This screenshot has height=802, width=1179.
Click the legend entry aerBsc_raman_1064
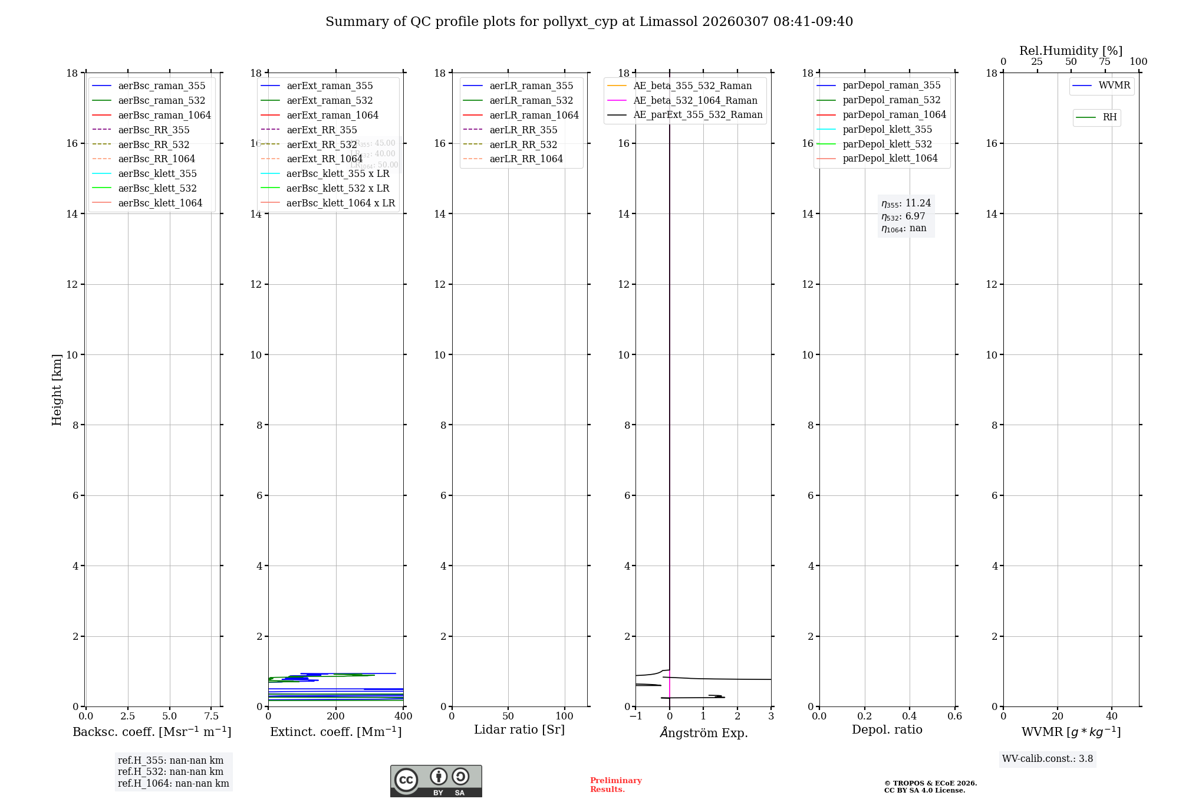pyautogui.click(x=164, y=115)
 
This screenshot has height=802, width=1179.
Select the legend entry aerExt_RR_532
pyautogui.click(x=321, y=144)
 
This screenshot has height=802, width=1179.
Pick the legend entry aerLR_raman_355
pyautogui.click(x=531, y=86)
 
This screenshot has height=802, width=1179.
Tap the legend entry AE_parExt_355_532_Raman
pyautogui.click(x=697, y=115)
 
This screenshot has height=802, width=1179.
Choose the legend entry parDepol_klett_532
pyautogui.click(x=887, y=144)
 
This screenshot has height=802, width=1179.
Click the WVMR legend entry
pyautogui.click(x=1114, y=86)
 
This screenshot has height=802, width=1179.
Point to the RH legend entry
pyautogui.click(x=1109, y=117)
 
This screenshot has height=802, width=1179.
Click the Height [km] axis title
pyautogui.click(x=57, y=389)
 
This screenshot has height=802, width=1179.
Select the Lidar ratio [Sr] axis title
pyautogui.click(x=519, y=729)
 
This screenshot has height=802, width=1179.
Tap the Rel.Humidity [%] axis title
pyautogui.click(x=1071, y=51)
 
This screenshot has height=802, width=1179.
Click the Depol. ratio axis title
pyautogui.click(x=887, y=729)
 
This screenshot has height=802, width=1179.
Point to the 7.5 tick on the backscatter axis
pyautogui.click(x=212, y=716)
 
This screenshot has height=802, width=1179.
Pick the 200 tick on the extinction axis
pyautogui.click(x=336, y=716)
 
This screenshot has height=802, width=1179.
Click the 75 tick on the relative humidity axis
pyautogui.click(x=1105, y=62)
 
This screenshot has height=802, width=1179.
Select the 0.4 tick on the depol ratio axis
pyautogui.click(x=910, y=716)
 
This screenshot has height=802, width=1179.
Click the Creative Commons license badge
pyautogui.click(x=436, y=781)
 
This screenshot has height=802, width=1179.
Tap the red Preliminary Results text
pyautogui.click(x=615, y=785)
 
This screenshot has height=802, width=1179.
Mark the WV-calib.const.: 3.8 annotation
pyautogui.click(x=1048, y=759)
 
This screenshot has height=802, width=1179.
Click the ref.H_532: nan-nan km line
pyautogui.click(x=170, y=772)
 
